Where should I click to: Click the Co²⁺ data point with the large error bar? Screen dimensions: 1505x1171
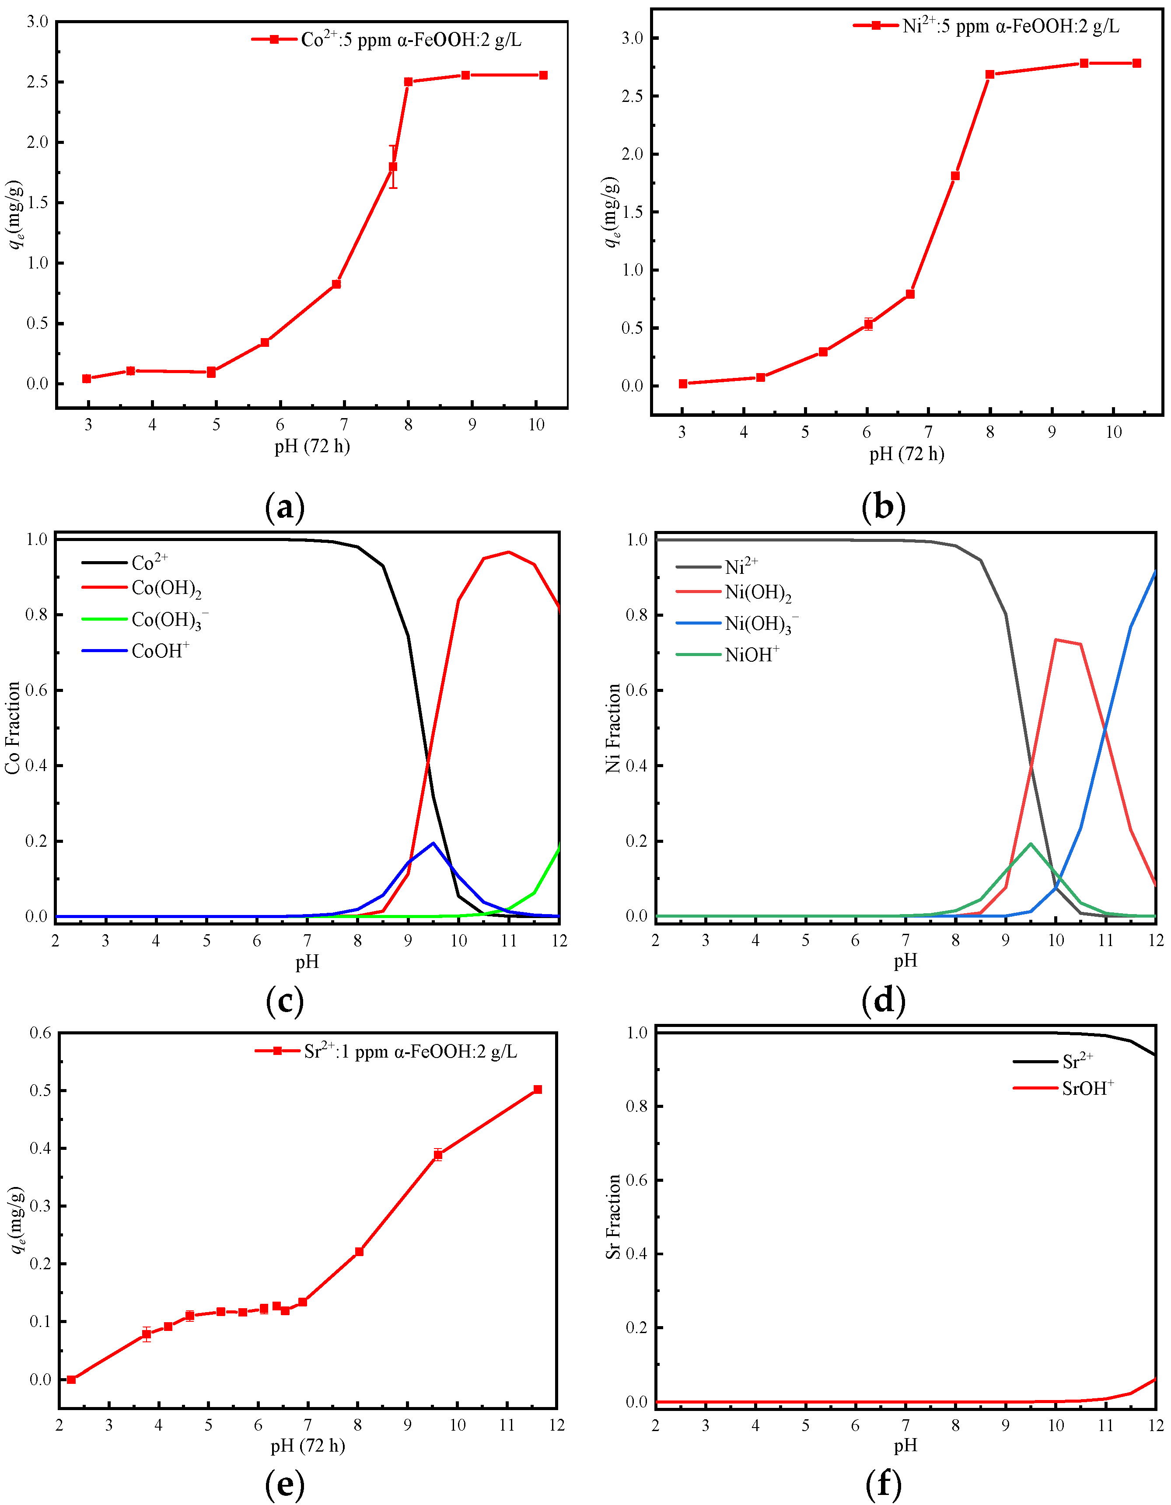click(393, 167)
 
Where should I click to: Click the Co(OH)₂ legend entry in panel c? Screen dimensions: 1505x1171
click(166, 589)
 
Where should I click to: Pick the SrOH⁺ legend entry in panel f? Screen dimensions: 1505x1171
click(1087, 1089)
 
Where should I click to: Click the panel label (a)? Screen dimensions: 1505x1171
click(285, 507)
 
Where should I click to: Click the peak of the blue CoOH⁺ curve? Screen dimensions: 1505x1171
click(433, 843)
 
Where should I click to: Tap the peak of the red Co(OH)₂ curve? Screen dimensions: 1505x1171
click(509, 552)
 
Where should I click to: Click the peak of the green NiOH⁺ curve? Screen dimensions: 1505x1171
click(1031, 843)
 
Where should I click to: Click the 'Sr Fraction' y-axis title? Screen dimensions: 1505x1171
click(613, 1217)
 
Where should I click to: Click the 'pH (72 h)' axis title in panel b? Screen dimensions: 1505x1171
click(906, 454)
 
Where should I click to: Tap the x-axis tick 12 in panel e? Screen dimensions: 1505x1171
click(557, 1425)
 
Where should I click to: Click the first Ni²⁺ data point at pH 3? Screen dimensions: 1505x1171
click(683, 384)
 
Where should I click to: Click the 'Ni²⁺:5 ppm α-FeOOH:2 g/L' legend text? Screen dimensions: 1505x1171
click(1010, 27)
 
